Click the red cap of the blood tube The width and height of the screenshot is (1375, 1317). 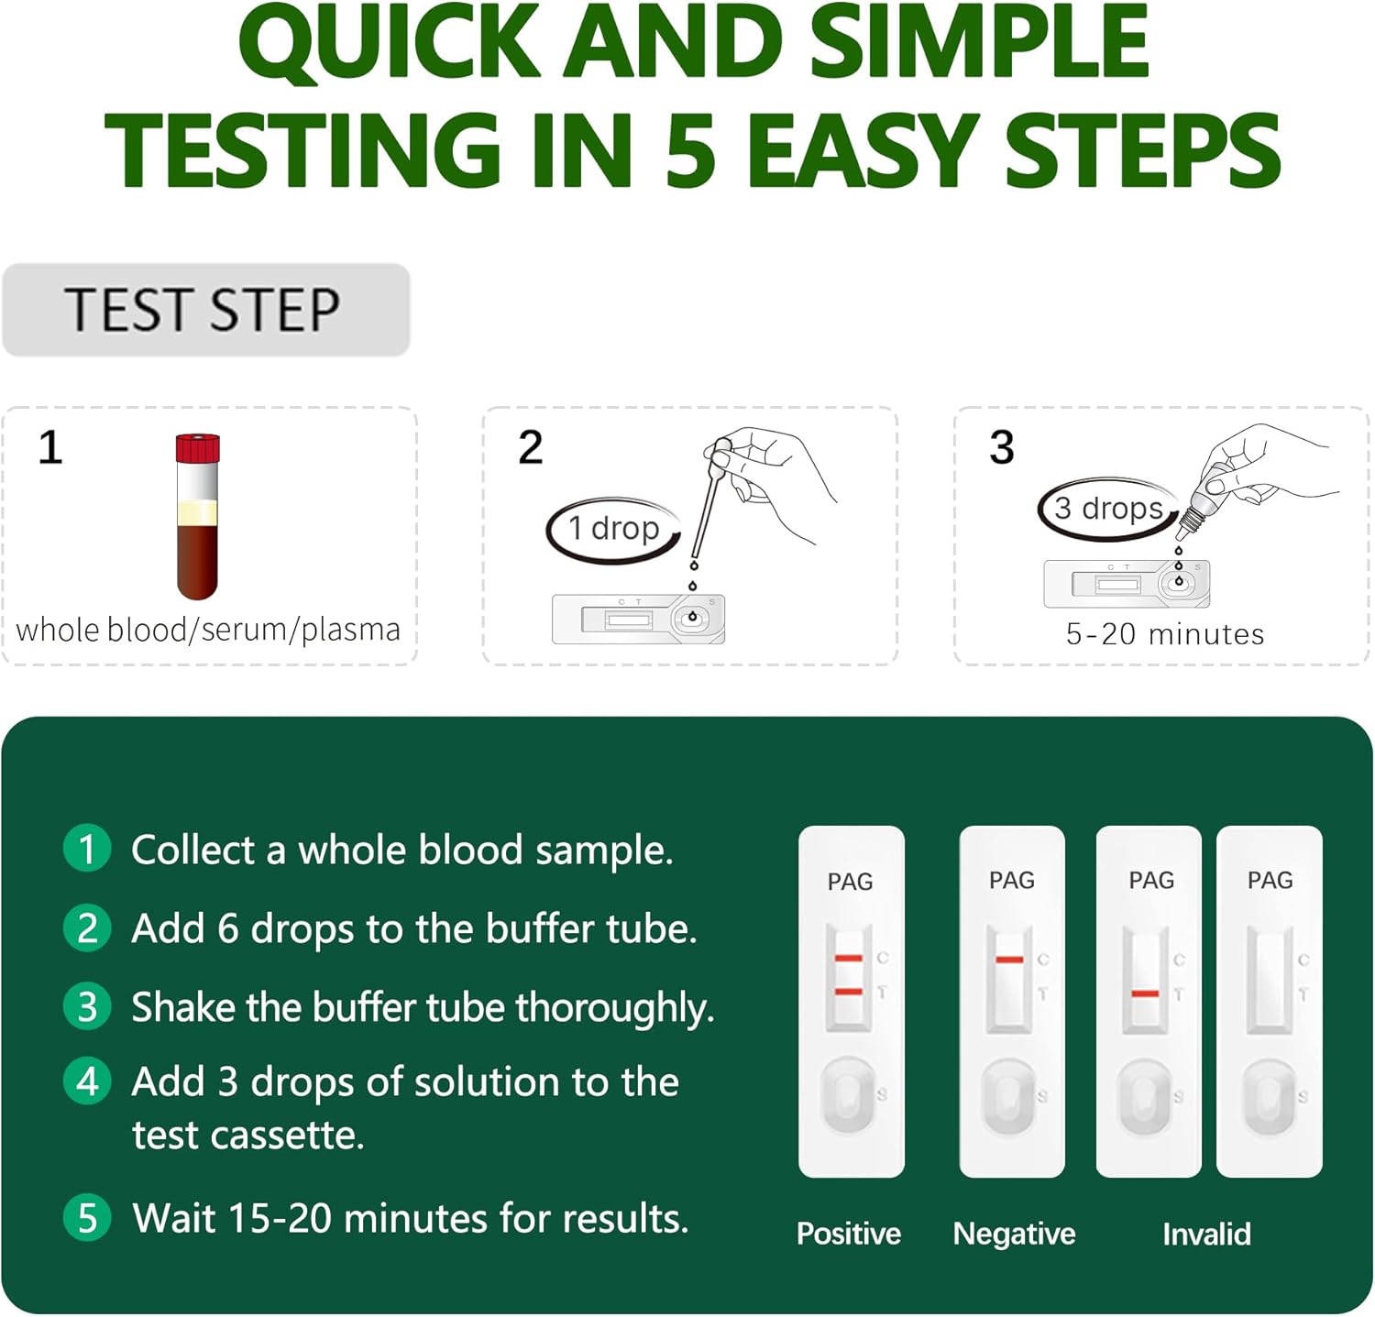197,448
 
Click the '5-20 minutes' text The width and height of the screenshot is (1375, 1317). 1164,634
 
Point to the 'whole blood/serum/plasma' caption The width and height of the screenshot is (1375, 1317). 208,630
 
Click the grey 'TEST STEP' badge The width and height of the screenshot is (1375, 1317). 206,310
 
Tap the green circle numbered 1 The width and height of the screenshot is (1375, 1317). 87,848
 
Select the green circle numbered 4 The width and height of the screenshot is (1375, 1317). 87,1081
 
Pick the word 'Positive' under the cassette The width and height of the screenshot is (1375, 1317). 849,1234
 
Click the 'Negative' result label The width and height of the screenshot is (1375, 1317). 1014,1234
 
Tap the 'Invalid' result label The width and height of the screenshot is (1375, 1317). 1206,1234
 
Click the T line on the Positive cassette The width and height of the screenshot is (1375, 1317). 849,992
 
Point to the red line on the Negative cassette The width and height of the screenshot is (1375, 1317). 1009,960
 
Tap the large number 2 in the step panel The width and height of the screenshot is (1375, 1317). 531,448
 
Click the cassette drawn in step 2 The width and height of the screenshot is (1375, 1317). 639,620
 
